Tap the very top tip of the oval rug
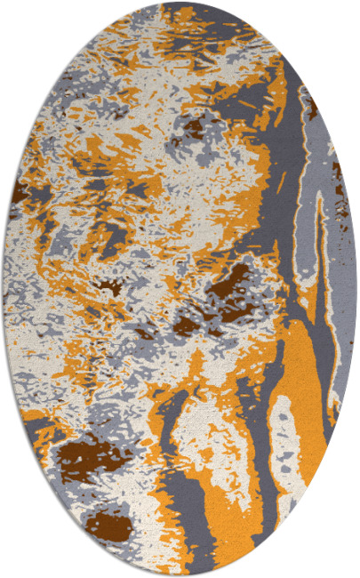pos(180,3)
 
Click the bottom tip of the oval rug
pos(180,575)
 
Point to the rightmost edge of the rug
pos(356,289)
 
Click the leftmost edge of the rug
pos(4,289)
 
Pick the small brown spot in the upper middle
pos(193,130)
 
